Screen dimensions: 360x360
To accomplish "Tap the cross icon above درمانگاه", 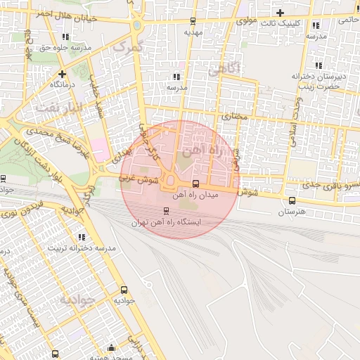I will (62, 73).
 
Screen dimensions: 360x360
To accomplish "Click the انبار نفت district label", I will (60, 108).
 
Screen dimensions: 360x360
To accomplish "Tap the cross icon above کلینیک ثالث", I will (281, 13).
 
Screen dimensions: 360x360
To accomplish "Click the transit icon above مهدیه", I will (193, 22).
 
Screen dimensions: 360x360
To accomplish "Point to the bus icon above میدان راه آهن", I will (195, 184).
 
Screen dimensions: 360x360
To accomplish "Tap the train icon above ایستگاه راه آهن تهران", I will (166, 210).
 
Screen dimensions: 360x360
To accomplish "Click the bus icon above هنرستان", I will (292, 201).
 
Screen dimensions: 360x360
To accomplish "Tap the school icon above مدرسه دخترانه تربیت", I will (82, 238).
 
